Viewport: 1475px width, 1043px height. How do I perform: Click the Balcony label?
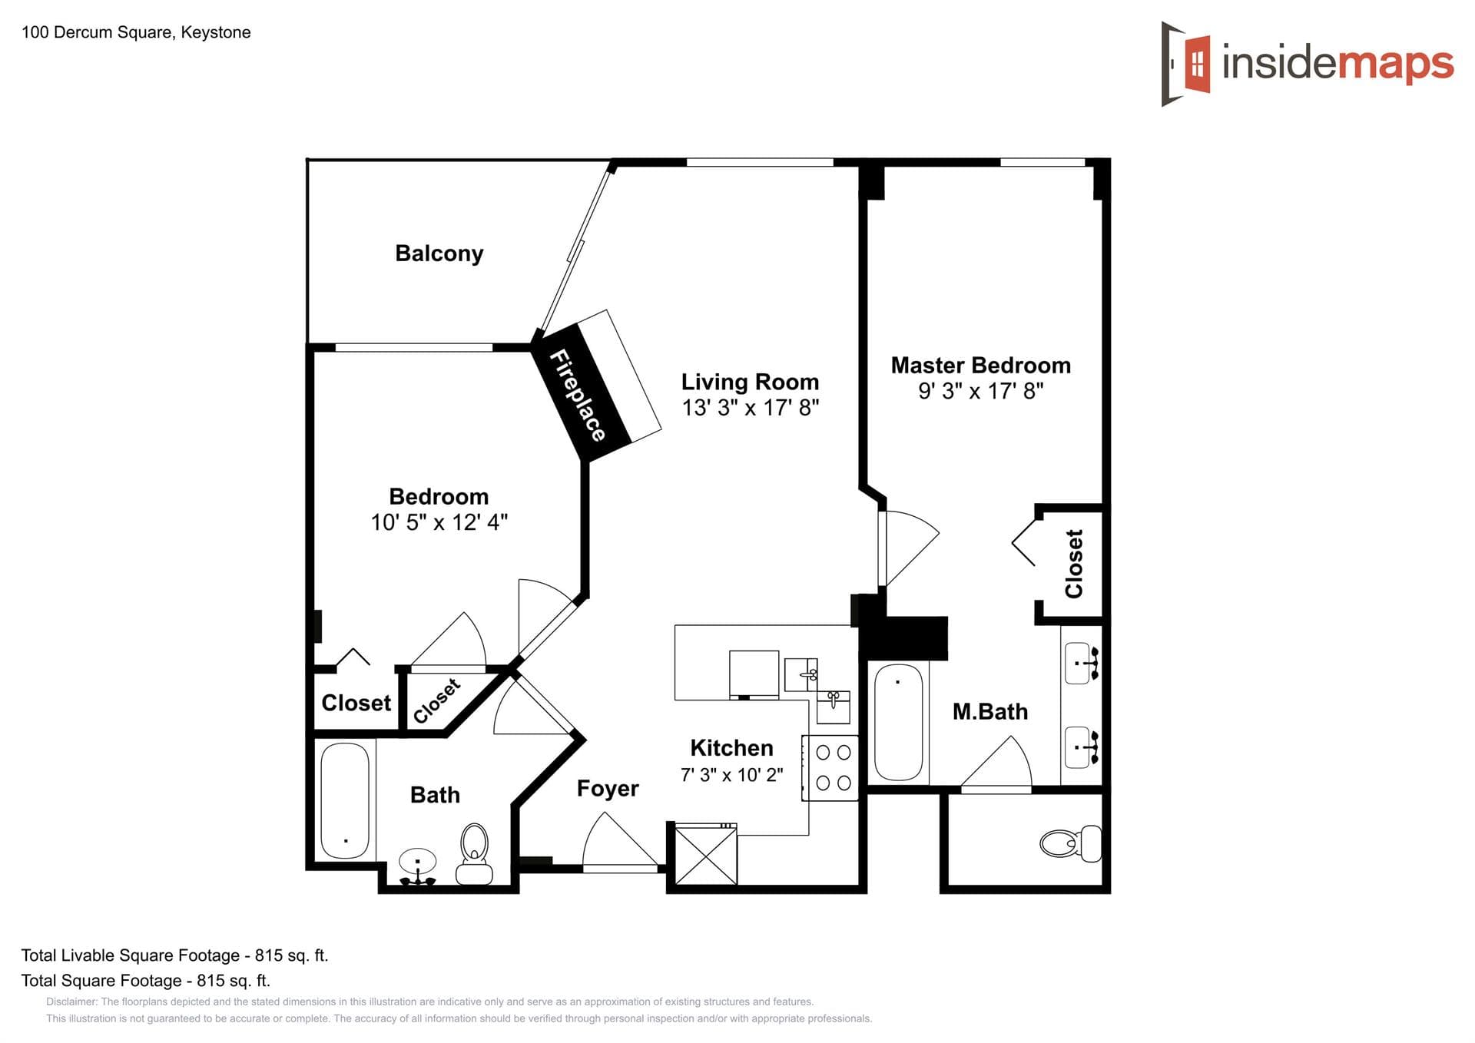tap(439, 253)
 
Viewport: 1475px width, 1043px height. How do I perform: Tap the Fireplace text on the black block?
tap(578, 396)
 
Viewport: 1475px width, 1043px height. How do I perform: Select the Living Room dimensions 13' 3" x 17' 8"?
tap(750, 407)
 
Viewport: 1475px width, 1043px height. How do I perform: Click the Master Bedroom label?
tap(980, 366)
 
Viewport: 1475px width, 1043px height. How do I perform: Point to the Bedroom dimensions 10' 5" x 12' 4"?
tap(439, 522)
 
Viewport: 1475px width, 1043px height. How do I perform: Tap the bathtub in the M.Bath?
tap(898, 722)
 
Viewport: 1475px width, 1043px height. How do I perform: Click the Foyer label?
tap(607, 789)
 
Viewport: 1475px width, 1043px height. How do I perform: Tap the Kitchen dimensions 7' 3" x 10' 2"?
tap(731, 775)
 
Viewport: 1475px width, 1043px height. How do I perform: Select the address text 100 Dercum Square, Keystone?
tap(136, 32)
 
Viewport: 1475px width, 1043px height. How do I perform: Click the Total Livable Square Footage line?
tap(174, 955)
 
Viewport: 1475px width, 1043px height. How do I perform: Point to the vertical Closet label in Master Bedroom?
tap(1073, 563)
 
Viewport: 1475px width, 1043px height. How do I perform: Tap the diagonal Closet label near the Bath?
tap(436, 700)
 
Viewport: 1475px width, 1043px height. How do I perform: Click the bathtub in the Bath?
tap(344, 800)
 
